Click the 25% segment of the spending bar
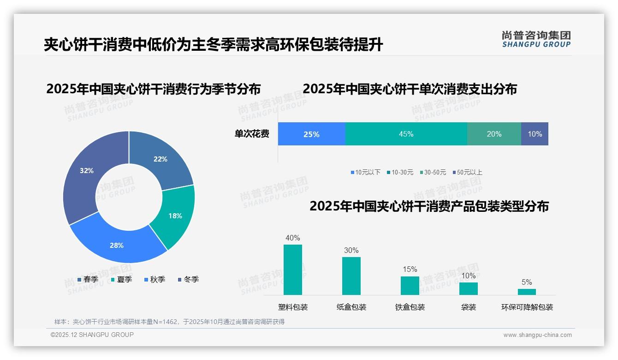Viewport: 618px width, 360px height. [311, 134]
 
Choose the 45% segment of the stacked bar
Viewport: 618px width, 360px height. [406, 134]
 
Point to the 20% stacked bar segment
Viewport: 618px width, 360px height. [494, 134]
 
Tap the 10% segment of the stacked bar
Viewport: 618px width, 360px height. [535, 134]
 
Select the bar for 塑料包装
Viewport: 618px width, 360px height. [293, 270]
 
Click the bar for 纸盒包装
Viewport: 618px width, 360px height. [351, 276]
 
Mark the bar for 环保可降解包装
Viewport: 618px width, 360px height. [527, 292]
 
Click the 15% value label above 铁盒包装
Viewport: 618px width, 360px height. [410, 269]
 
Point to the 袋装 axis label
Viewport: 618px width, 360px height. [469, 307]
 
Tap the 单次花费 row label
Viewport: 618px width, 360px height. [252, 134]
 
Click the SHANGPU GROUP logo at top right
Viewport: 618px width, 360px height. [536, 40]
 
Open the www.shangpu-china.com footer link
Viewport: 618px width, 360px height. [537, 335]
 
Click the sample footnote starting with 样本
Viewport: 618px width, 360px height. [169, 322]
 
